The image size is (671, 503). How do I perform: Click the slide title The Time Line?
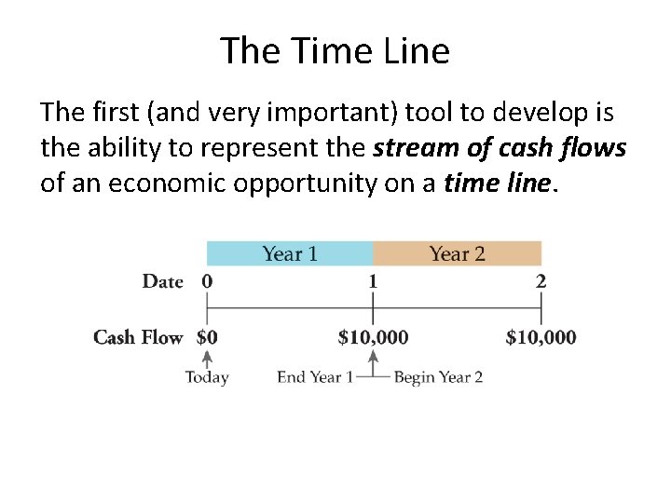coord(335,50)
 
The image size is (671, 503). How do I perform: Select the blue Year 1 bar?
coord(290,253)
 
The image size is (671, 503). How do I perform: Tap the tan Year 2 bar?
coord(457,253)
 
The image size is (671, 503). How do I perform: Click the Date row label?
coord(162,281)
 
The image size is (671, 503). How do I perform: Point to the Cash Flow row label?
coord(138,337)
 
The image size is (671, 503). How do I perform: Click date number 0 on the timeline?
coord(207,281)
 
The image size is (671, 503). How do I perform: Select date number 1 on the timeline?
coord(373,281)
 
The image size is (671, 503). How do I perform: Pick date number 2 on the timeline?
coord(541,281)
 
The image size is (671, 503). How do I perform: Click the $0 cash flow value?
coord(207,337)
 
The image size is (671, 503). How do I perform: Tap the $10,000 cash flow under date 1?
coord(373,337)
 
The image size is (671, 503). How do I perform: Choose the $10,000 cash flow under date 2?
coord(541,337)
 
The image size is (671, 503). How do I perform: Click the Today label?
coord(207,377)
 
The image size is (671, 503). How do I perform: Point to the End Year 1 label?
coord(314,377)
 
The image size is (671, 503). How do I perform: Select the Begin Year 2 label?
coord(438,377)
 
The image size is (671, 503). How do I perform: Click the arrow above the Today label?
coord(207,360)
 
